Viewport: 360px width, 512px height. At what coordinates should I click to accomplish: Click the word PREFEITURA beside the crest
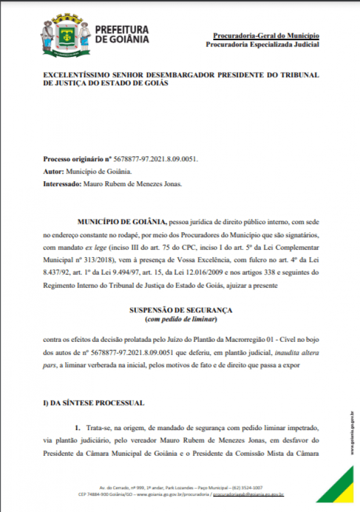[x=121, y=29]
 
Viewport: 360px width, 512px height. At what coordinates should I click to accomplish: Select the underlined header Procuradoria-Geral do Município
[x=266, y=35]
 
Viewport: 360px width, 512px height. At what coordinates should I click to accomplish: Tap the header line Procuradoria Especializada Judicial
[x=262, y=45]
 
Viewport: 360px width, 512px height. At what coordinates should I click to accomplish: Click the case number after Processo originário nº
[x=156, y=159]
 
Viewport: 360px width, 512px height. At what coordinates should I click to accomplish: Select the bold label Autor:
[x=53, y=171]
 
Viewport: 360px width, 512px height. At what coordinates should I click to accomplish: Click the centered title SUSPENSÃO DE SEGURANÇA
[x=180, y=311]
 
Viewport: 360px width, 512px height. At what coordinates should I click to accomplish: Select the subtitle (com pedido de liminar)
[x=180, y=320]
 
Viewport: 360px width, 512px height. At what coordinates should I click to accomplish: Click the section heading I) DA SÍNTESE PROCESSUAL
[x=93, y=403]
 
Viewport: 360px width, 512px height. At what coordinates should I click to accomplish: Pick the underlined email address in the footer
[x=248, y=495]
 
